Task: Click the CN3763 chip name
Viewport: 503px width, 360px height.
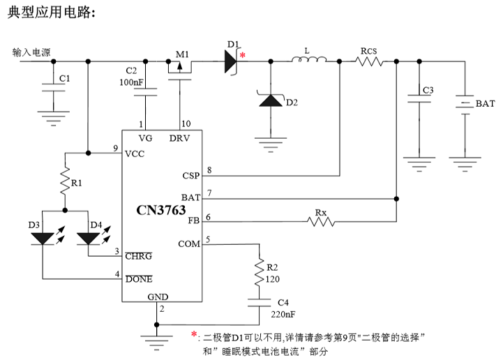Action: coord(162,210)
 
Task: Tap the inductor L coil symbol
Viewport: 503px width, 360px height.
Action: coord(307,62)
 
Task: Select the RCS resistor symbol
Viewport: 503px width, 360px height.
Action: coord(369,62)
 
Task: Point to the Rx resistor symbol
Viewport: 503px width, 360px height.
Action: coord(320,222)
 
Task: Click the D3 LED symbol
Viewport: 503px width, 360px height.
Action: coord(43,238)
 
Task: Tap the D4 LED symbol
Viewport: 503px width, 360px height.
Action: coord(89,238)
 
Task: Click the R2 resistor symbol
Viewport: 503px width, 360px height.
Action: coord(260,269)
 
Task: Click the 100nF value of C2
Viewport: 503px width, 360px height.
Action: coord(131,83)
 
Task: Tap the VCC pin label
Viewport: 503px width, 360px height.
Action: coord(135,153)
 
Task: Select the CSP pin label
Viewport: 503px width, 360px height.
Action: coord(190,176)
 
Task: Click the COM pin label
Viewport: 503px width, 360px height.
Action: coord(189,243)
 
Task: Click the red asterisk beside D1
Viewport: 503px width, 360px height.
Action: coord(243,55)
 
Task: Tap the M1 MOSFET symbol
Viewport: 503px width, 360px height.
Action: coord(180,67)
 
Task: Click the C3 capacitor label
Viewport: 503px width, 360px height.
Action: coord(428,91)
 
